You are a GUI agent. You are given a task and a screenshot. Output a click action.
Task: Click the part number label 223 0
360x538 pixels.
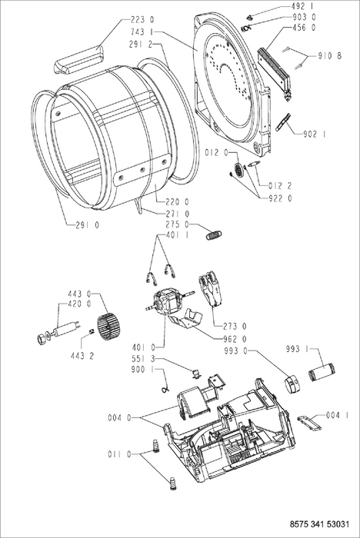tap(142, 20)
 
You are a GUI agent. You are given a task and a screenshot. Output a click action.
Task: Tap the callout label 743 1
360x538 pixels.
tap(142, 32)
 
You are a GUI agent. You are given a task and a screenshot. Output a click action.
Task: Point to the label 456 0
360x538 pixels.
tap(304, 28)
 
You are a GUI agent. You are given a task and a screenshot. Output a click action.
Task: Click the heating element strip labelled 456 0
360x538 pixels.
tap(276, 73)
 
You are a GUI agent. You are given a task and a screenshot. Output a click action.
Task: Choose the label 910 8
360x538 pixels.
tap(330, 56)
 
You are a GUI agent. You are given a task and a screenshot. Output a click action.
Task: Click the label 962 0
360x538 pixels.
tap(235, 340)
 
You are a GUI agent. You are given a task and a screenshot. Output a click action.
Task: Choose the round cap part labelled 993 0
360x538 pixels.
tap(291, 383)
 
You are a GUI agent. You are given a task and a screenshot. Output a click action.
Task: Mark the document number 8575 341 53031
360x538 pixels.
tap(319, 525)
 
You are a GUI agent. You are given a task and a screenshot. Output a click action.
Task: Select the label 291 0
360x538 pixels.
tap(87, 225)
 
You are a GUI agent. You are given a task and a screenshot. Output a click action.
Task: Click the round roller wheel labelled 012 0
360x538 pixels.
tap(238, 169)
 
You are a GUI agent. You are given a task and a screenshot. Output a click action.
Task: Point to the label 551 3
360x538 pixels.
tap(143, 359)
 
